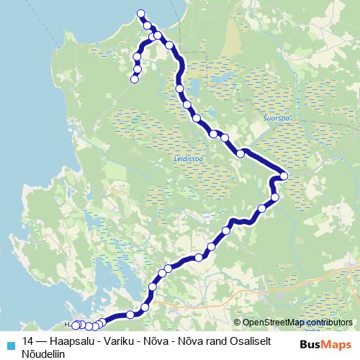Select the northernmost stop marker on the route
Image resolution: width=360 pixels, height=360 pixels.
point(141,14)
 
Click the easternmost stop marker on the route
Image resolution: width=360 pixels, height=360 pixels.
point(284,176)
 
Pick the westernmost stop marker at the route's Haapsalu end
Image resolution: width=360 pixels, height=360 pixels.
point(75,325)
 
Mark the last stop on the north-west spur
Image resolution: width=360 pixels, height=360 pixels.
point(134,80)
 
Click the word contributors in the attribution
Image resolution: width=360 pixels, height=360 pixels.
point(332,323)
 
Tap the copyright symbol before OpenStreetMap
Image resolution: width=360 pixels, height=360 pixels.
point(238,323)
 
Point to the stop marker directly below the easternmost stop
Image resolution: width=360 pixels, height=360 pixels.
point(275,197)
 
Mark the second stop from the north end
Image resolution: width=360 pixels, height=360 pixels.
point(148,26)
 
